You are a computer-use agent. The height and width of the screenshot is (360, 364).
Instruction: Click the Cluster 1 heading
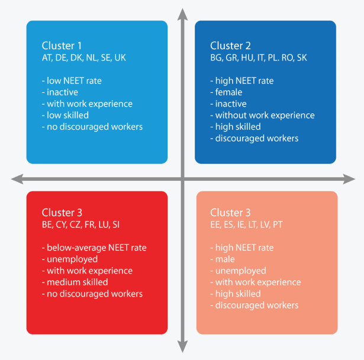62,46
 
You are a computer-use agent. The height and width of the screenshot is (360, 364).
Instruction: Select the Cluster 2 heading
230,46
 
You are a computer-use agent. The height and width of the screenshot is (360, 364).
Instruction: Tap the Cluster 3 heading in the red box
62,213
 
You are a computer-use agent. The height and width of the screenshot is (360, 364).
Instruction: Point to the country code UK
120,58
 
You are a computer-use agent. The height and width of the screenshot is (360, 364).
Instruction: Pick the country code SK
302,58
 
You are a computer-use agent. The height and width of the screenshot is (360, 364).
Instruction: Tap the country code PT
278,224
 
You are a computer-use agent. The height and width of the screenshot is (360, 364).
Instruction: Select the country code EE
215,224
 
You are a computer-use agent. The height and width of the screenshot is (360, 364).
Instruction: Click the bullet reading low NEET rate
72,81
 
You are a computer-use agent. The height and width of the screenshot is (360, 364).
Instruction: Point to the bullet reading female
226,92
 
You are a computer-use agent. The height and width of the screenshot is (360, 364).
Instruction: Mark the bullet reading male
223,259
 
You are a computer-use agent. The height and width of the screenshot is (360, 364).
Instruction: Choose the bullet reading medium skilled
75,282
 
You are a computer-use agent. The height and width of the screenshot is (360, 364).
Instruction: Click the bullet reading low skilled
65,115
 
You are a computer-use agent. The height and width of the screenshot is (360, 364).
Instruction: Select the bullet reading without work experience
262,115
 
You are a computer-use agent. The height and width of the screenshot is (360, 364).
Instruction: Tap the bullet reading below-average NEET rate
94,247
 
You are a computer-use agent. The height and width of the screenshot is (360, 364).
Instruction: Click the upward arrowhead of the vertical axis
183,14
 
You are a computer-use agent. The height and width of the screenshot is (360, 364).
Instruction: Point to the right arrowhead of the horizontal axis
349,179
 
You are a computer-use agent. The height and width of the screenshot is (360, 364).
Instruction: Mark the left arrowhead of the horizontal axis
17,179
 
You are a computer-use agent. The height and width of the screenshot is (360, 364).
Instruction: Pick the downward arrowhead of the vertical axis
183,346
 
